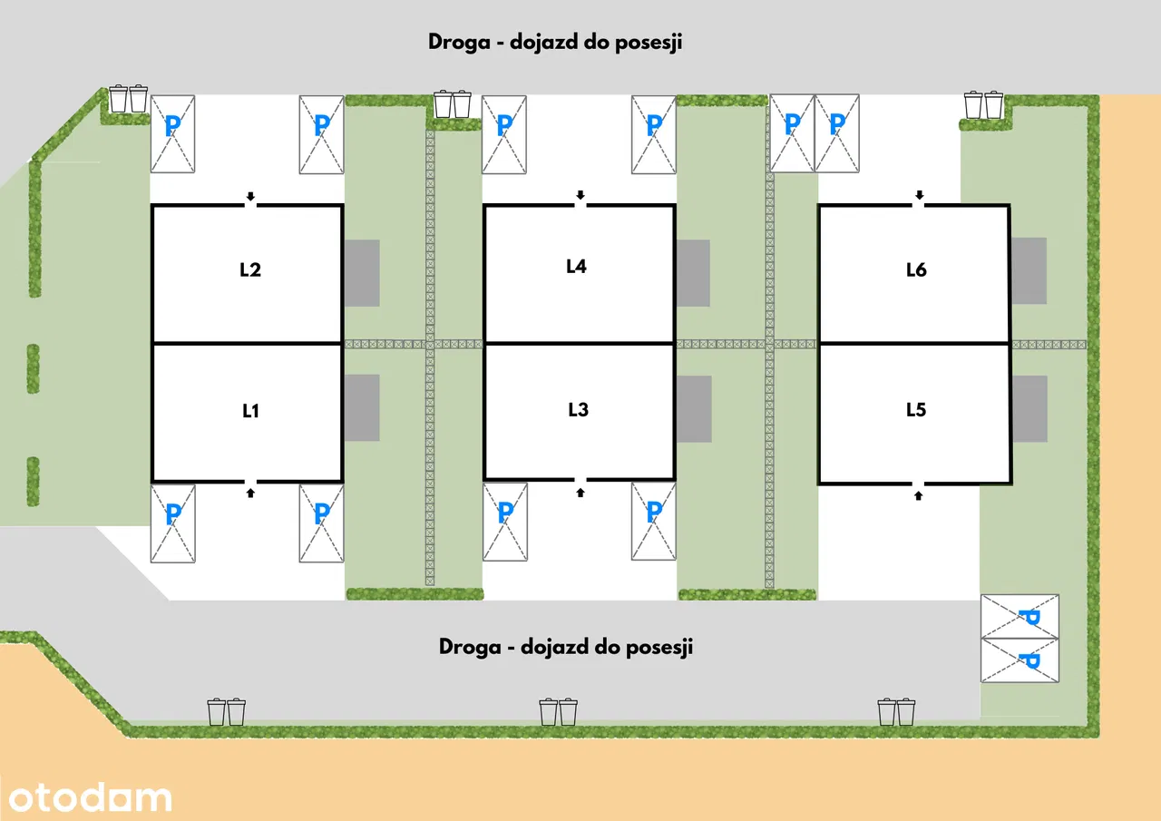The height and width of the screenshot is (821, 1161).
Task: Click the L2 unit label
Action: (x=250, y=269)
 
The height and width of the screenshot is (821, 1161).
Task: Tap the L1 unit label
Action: (x=251, y=411)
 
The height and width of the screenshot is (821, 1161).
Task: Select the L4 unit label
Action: (x=576, y=266)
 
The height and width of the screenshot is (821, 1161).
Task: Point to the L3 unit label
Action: (x=578, y=409)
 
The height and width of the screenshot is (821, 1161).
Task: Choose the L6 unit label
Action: (x=916, y=269)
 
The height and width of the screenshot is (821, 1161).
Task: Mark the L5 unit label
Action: (x=916, y=409)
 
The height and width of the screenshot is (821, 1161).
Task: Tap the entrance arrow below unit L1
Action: (x=251, y=492)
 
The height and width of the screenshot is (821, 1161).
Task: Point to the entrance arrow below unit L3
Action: (x=580, y=492)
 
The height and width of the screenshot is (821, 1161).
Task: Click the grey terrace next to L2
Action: (x=361, y=273)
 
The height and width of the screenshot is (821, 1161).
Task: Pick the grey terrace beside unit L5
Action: (x=1029, y=409)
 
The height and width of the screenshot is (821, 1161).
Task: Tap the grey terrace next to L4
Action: (x=692, y=273)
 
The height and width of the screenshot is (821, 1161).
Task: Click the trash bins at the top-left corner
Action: (x=128, y=98)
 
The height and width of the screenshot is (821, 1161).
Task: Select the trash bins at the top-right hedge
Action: (x=983, y=104)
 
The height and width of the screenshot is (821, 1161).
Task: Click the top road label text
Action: (x=554, y=43)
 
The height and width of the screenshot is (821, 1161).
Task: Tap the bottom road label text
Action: (x=566, y=647)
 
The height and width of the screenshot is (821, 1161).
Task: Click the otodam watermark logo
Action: (x=87, y=797)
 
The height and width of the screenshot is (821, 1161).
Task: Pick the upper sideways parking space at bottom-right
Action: (x=1020, y=616)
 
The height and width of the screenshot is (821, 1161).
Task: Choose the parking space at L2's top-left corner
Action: (x=172, y=133)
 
